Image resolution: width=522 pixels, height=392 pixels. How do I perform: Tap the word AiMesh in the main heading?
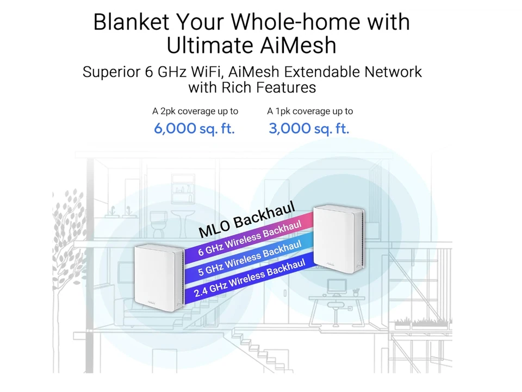(x=298, y=45)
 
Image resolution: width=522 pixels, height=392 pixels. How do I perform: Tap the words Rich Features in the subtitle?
(x=269, y=88)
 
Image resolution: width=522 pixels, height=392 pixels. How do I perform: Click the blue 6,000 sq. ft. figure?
(x=194, y=128)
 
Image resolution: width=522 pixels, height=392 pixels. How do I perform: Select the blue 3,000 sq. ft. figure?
(x=309, y=128)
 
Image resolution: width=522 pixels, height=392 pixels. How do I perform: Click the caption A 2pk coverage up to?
(x=195, y=111)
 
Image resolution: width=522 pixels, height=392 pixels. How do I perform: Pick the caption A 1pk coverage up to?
(x=310, y=111)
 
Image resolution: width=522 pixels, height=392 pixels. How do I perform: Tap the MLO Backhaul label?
(x=247, y=219)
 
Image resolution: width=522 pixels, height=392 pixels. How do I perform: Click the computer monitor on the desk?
(x=338, y=287)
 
